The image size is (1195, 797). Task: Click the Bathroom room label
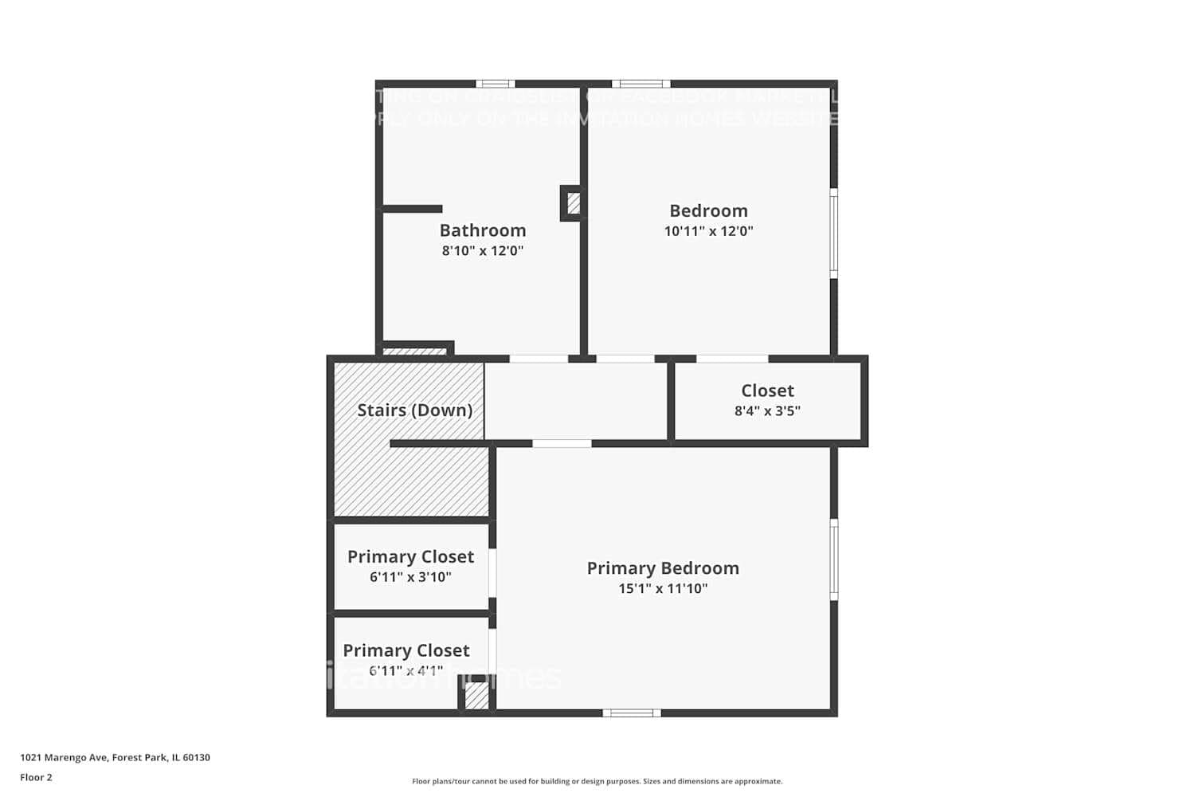pyautogui.click(x=483, y=230)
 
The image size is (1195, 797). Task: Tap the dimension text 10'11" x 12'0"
pyautogui.click(x=708, y=231)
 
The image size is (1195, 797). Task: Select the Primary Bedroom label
pyautogui.click(x=663, y=568)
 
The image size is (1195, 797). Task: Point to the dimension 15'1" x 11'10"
pyautogui.click(x=663, y=589)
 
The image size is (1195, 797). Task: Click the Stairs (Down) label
pyautogui.click(x=414, y=410)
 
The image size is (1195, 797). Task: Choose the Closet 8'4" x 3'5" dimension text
pyautogui.click(x=767, y=411)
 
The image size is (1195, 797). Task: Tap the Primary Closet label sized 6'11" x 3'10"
pyautogui.click(x=410, y=557)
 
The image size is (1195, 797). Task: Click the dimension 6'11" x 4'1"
pyautogui.click(x=406, y=671)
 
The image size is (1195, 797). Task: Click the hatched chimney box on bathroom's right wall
pyautogui.click(x=573, y=203)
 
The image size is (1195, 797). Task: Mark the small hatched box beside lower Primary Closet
pyautogui.click(x=476, y=697)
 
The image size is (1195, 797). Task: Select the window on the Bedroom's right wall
pyautogui.click(x=834, y=233)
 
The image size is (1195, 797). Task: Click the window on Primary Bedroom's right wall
pyautogui.click(x=834, y=559)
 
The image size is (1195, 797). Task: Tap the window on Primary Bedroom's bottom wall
pyautogui.click(x=631, y=713)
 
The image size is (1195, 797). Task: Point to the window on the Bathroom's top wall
pyautogui.click(x=496, y=84)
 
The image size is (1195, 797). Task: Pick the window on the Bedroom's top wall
pyautogui.click(x=641, y=84)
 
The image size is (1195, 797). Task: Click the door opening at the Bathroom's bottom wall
pyautogui.click(x=539, y=359)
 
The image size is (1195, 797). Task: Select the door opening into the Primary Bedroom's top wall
pyautogui.click(x=562, y=444)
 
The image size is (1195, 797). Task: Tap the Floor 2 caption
pyautogui.click(x=36, y=777)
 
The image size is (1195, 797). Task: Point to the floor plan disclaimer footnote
pyautogui.click(x=597, y=782)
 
